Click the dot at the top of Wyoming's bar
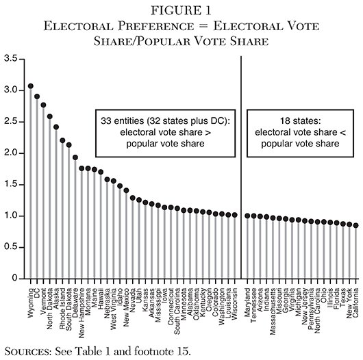[x=30, y=86]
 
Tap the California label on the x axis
[x=355, y=307]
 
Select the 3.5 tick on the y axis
[x=12, y=59]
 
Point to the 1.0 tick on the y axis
[x=12, y=216]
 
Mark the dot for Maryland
[x=248, y=216]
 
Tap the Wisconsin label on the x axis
[x=235, y=304]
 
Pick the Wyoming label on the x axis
[x=31, y=303]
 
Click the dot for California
[x=355, y=225]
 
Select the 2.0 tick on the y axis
[x=12, y=153]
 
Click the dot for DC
[x=37, y=97]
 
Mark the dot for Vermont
[x=44, y=105]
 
